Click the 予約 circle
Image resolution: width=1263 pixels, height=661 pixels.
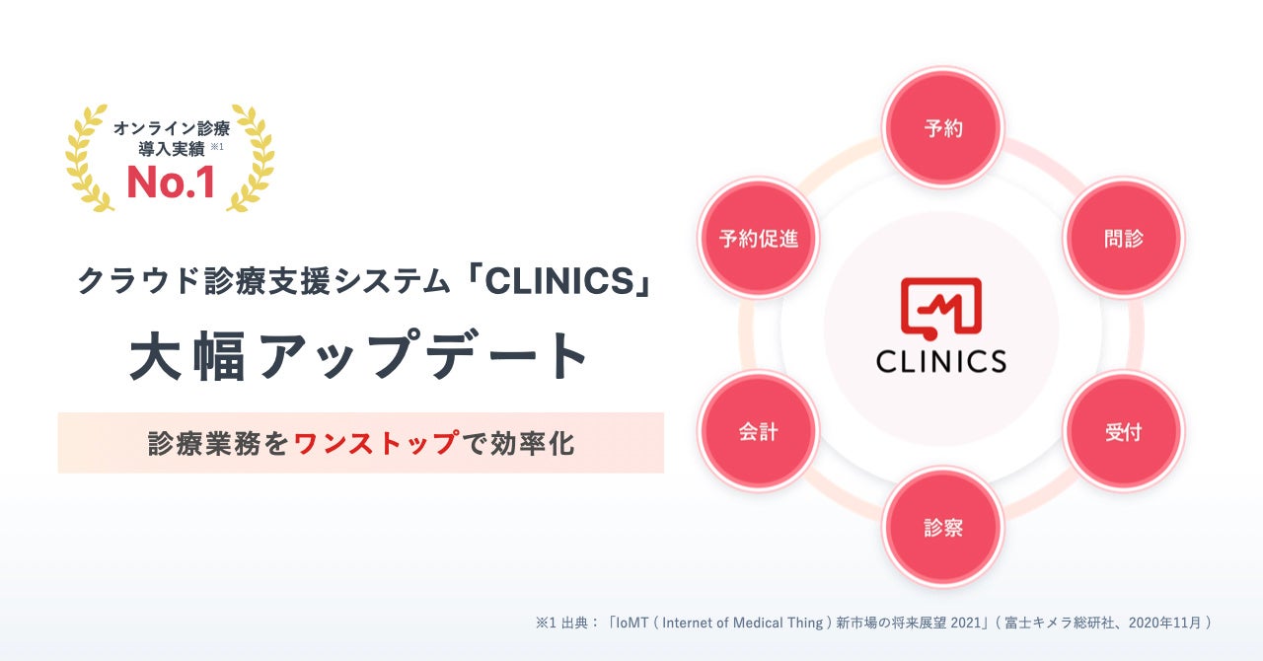pyautogui.click(x=942, y=129)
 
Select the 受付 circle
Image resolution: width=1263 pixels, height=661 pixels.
pyautogui.click(x=1123, y=432)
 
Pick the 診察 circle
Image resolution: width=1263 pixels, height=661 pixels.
pyautogui.click(x=942, y=528)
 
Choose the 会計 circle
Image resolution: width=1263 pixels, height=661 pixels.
pyautogui.click(x=758, y=432)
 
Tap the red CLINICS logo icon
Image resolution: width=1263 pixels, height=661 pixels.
pyautogui.click(x=940, y=306)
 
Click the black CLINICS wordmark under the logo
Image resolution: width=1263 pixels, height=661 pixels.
pyautogui.click(x=940, y=360)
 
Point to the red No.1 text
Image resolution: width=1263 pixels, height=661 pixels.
pyautogui.click(x=170, y=184)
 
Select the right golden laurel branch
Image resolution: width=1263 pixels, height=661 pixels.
pyautogui.click(x=253, y=158)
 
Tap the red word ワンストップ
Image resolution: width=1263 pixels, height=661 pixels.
pyautogui.click(x=376, y=443)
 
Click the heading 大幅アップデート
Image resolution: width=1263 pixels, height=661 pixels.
pyautogui.click(x=360, y=357)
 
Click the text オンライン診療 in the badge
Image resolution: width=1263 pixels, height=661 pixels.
pyautogui.click(x=171, y=129)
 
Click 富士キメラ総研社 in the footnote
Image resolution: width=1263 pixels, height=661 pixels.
pyautogui.click(x=1054, y=623)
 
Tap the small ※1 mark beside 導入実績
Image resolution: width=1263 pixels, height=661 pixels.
pyautogui.click(x=218, y=147)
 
